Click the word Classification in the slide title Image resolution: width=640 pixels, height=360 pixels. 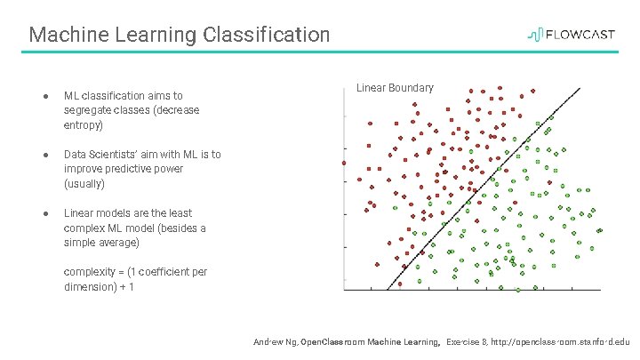pos(267,35)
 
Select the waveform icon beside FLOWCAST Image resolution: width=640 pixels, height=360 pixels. pos(536,35)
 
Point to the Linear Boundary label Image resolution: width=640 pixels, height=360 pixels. pos(395,88)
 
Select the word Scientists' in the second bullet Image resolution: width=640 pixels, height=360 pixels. pos(122,155)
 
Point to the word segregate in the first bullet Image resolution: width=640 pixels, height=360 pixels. pos(89,111)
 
